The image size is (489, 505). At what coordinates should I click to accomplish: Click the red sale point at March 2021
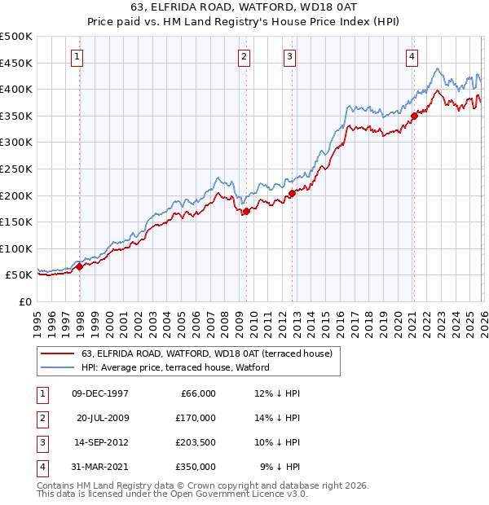[x=414, y=116]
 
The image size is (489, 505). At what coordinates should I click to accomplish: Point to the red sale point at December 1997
[x=80, y=266]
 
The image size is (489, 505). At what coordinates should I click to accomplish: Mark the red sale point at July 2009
[x=246, y=211]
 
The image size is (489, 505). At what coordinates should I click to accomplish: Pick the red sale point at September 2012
[x=292, y=193]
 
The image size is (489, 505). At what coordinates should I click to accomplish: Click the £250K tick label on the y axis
[x=15, y=169]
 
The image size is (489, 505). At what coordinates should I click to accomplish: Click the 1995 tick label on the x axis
[x=37, y=319]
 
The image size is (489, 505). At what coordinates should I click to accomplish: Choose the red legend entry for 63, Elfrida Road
[x=206, y=354]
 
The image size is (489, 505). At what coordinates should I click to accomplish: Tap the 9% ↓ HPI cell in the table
[x=280, y=467]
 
